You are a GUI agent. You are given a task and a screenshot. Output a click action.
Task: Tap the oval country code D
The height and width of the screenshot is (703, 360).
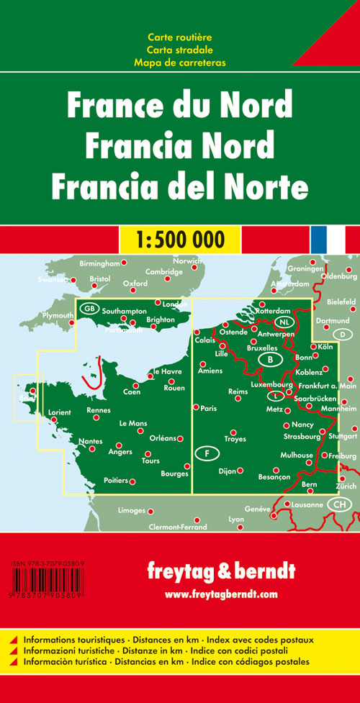(x=342, y=335)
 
